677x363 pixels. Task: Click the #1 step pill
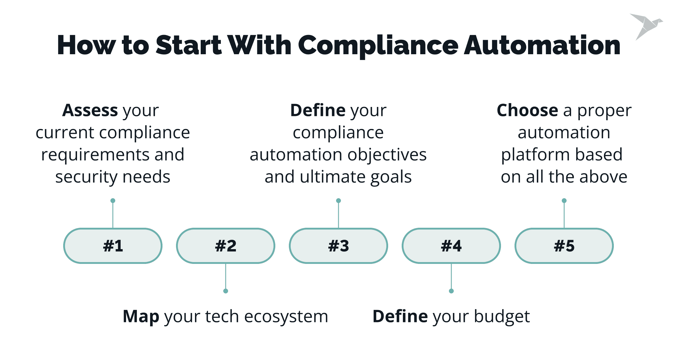pyautogui.click(x=113, y=246)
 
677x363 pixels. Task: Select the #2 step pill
pyautogui.click(x=226, y=246)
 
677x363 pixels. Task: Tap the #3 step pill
pyautogui.click(x=338, y=246)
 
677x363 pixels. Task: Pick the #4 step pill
pyautogui.click(x=451, y=246)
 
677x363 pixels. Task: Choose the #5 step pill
pyautogui.click(x=564, y=246)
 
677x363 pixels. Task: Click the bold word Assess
pyautogui.click(x=90, y=110)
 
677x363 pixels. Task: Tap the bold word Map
pyautogui.click(x=141, y=317)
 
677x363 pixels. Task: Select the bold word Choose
pyautogui.click(x=527, y=110)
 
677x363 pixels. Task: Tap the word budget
pyautogui.click(x=502, y=317)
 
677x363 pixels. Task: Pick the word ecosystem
pyautogui.click(x=286, y=317)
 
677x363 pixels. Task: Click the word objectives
pyautogui.click(x=387, y=155)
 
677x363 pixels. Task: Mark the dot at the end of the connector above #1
pyautogui.click(x=113, y=201)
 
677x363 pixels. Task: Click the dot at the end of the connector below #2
pyautogui.click(x=226, y=291)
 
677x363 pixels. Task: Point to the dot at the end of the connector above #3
pyautogui.click(x=338, y=201)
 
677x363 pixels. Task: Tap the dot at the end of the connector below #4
pyautogui.click(x=451, y=291)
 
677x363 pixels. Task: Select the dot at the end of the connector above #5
pyautogui.click(x=564, y=201)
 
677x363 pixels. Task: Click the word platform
pyautogui.click(x=536, y=155)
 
